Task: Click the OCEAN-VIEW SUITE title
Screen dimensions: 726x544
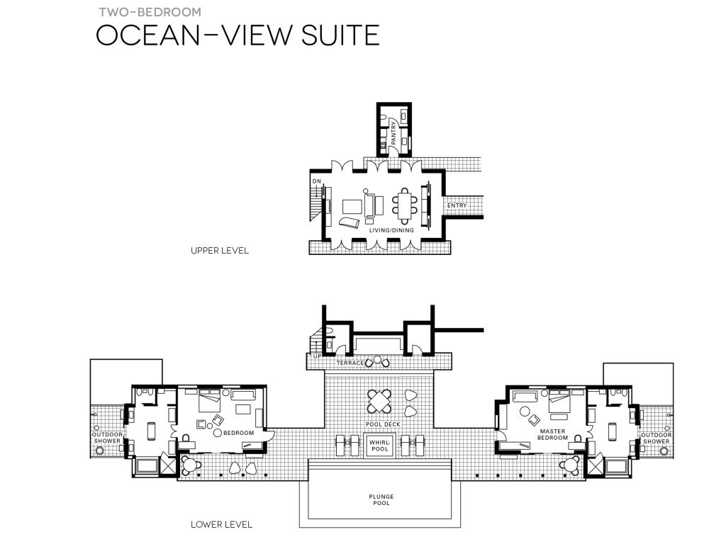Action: (238, 35)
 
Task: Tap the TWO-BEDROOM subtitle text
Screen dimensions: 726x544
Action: (150, 12)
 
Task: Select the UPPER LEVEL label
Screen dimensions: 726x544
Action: (220, 251)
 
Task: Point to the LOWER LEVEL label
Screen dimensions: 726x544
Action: (221, 525)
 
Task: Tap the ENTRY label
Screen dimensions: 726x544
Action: (457, 205)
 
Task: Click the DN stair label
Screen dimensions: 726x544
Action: (317, 181)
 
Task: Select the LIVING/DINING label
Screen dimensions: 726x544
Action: (391, 230)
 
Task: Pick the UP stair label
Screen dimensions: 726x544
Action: (317, 356)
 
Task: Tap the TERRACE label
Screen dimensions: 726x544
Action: (350, 363)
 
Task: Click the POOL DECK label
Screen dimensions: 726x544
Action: (383, 424)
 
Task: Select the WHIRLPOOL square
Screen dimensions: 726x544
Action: (380, 446)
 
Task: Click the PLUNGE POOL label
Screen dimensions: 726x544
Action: (381, 499)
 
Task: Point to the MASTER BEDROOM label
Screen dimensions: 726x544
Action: (552, 434)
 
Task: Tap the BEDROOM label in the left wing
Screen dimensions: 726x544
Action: (239, 433)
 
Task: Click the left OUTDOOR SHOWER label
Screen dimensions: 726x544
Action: (108, 438)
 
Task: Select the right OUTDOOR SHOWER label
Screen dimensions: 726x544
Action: (656, 438)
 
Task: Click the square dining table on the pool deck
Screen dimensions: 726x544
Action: (379, 402)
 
